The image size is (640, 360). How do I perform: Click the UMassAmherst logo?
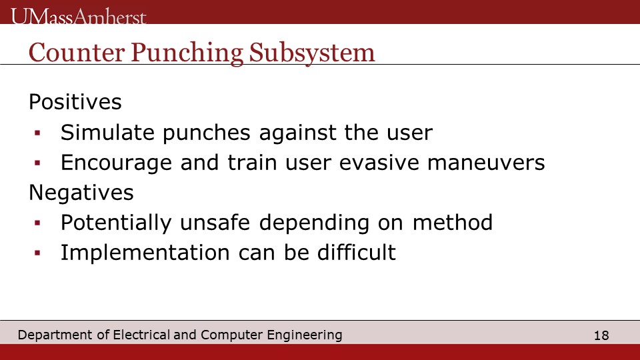pyautogui.click(x=79, y=17)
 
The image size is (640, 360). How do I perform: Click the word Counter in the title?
pyautogui.click(x=77, y=53)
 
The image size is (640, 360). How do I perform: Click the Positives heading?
pyautogui.click(x=75, y=101)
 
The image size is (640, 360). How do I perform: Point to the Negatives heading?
pyautogui.click(x=81, y=192)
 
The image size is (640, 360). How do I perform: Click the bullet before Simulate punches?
pyautogui.click(x=37, y=133)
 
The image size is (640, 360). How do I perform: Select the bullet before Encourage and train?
pyautogui.click(x=37, y=163)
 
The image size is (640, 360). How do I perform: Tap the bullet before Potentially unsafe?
pyautogui.click(x=37, y=223)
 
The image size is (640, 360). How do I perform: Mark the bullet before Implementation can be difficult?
pyautogui.click(x=37, y=253)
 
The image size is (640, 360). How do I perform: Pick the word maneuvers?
pyautogui.click(x=486, y=163)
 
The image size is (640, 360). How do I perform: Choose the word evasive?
pyautogui.click(x=379, y=163)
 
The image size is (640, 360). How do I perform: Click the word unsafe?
pyautogui.click(x=215, y=223)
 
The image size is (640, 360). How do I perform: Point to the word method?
pyautogui.click(x=452, y=223)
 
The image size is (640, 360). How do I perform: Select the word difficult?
pyautogui.click(x=356, y=252)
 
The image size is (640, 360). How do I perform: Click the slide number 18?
pyautogui.click(x=601, y=335)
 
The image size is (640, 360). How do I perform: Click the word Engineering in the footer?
pyautogui.click(x=305, y=335)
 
